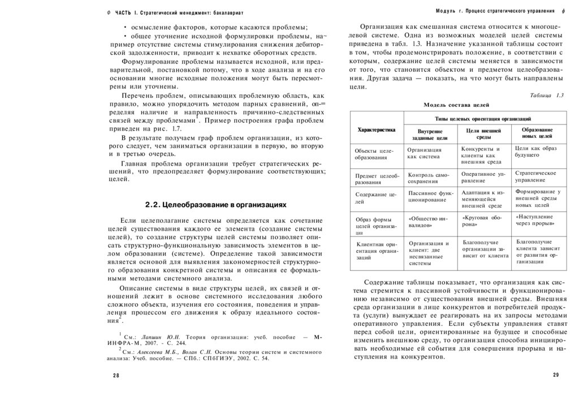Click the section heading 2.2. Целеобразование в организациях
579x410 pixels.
tap(215, 204)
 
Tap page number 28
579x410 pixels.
tap(116, 376)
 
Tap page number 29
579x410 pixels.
tap(555, 376)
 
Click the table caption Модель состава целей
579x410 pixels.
tap(456, 105)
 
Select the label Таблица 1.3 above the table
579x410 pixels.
tap(547, 95)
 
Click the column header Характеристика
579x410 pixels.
tap(376, 130)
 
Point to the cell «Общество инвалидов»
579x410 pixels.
tap(428, 221)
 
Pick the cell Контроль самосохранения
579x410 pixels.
tap(428, 178)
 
